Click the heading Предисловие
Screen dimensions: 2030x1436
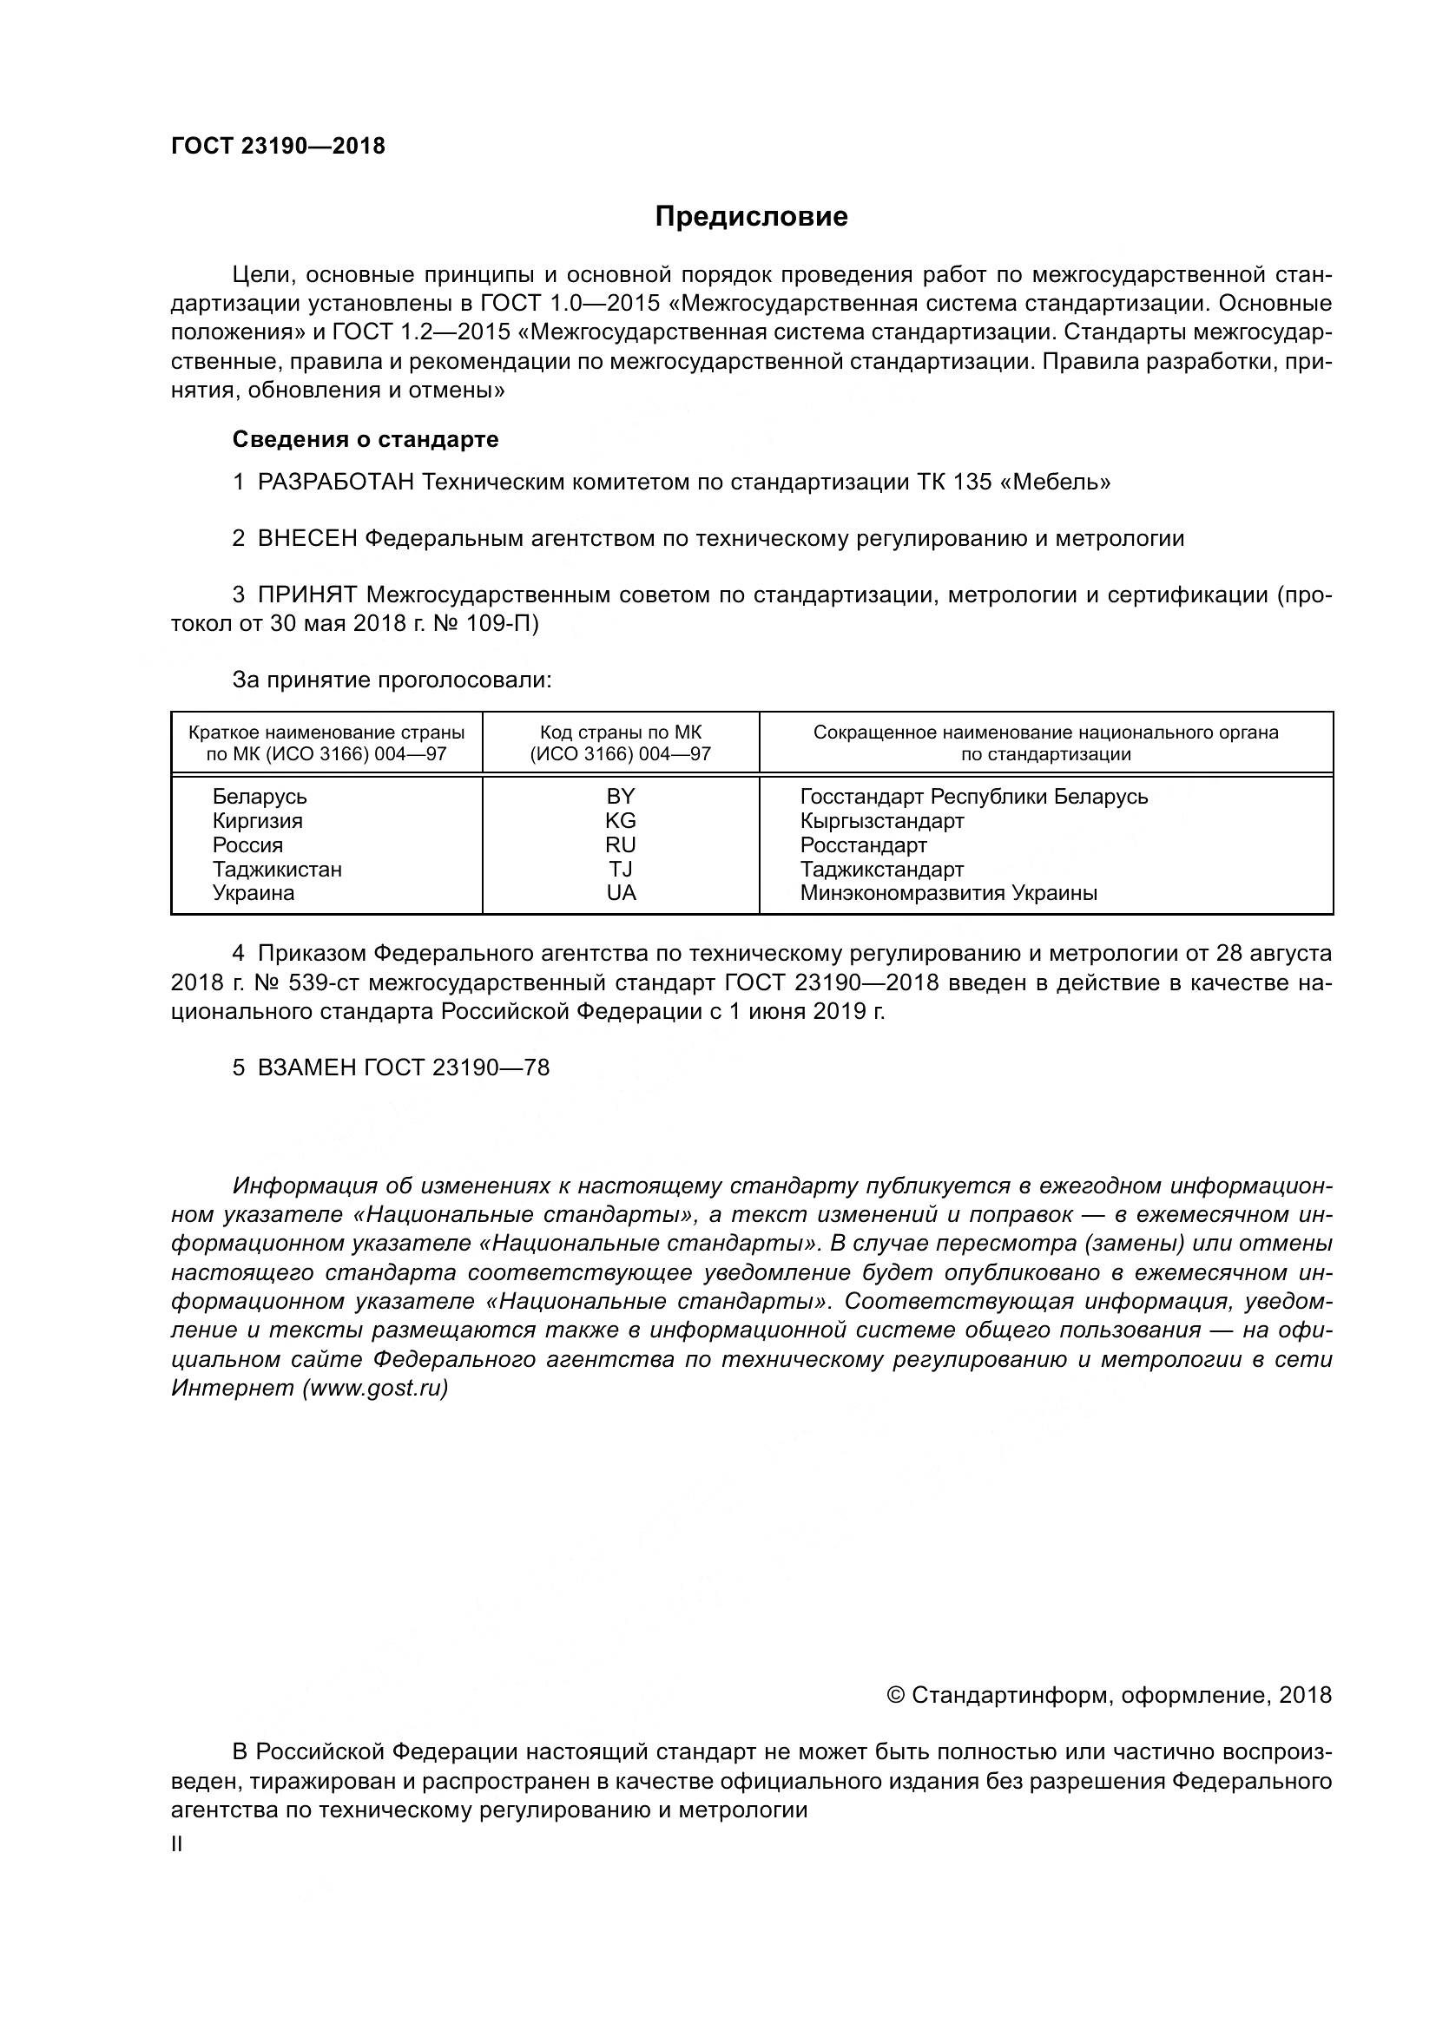[x=751, y=217]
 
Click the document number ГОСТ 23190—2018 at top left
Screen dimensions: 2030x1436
[x=278, y=146]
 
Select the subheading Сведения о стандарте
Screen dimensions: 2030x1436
[x=366, y=439]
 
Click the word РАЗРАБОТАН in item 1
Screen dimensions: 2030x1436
[x=335, y=483]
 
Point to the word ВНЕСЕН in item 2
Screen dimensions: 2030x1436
[x=306, y=538]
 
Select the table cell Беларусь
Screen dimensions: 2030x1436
[x=259, y=797]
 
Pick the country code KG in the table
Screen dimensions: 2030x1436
[x=621, y=820]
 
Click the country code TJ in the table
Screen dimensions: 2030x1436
[x=621, y=869]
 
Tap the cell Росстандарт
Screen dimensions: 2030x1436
[x=863, y=845]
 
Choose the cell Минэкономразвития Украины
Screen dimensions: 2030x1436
[x=948, y=893]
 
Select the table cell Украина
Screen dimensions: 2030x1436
[x=253, y=893]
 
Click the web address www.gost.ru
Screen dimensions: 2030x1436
[x=375, y=1388]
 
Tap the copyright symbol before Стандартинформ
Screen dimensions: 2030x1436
[x=895, y=1696]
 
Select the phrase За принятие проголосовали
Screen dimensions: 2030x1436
[x=392, y=680]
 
